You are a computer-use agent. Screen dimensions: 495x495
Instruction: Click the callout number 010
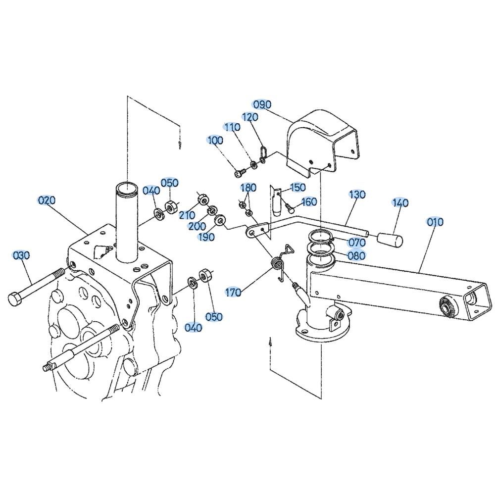click(435, 222)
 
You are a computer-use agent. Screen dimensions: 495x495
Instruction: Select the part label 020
click(47, 200)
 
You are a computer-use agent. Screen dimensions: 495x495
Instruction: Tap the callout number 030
click(21, 255)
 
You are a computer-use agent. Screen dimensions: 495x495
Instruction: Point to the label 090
click(262, 104)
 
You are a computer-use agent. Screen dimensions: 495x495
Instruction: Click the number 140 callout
click(400, 202)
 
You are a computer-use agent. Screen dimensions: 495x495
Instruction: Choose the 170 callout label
click(233, 293)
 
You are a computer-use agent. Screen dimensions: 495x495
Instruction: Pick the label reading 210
click(188, 215)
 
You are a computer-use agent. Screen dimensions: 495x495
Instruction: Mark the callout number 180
click(248, 188)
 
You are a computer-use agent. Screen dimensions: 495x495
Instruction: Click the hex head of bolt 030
click(15, 299)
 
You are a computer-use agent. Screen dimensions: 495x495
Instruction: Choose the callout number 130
click(357, 194)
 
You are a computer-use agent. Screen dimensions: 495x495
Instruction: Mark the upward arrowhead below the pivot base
click(270, 342)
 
